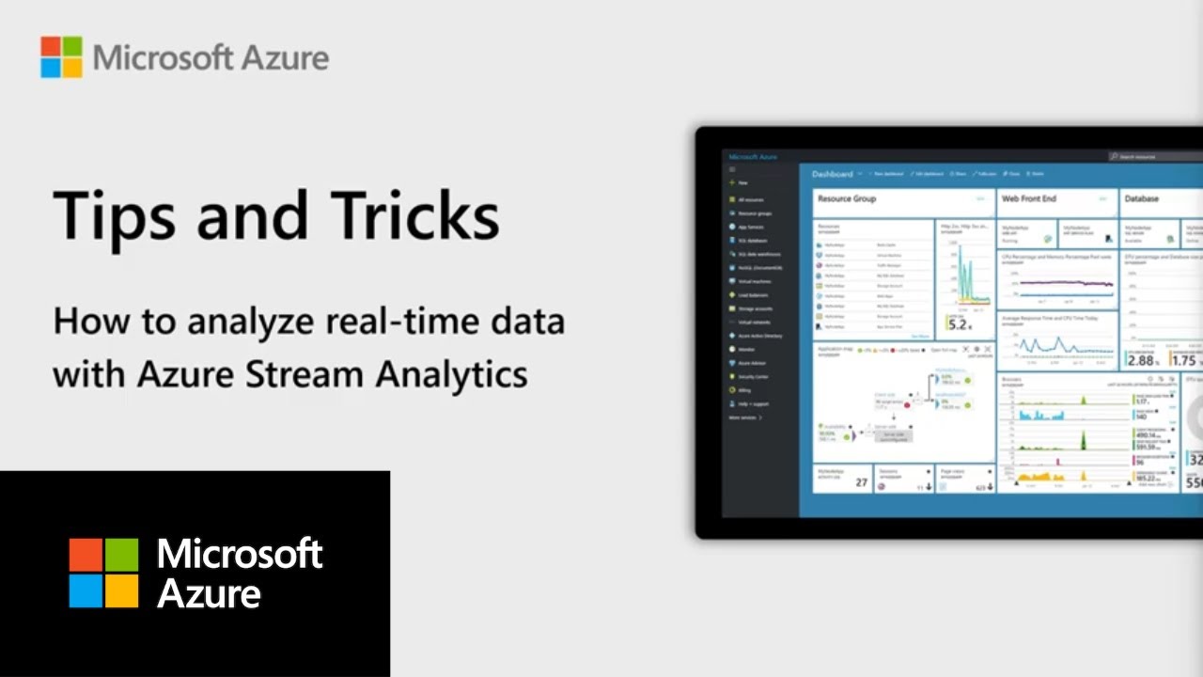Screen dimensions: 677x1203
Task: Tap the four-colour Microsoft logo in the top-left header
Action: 61,57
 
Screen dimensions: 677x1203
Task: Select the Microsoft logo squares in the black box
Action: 103,573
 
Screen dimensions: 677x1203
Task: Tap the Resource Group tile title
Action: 847,199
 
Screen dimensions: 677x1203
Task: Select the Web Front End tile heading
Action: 1028,199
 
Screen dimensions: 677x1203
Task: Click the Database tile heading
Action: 1142,199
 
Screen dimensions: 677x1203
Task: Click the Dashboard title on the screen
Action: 833,174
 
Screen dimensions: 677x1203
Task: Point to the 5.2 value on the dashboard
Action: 958,325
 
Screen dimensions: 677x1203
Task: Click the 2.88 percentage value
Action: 1142,360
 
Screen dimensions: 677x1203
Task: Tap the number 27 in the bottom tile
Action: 861,482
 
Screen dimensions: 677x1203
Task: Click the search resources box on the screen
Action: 1156,157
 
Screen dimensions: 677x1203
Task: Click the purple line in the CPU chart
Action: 1057,282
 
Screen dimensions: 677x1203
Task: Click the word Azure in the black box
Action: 209,594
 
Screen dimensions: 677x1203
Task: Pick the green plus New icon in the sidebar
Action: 732,183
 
